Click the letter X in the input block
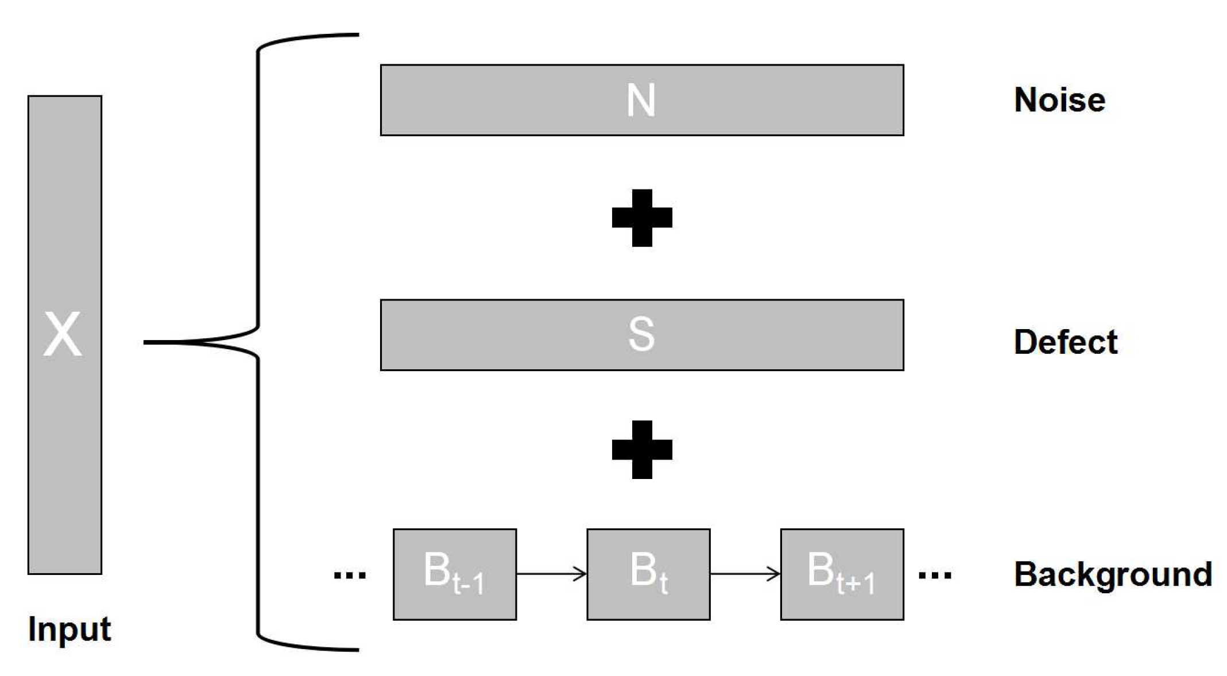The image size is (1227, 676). [x=63, y=335]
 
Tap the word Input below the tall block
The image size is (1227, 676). [x=69, y=629]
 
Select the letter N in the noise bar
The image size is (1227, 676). [x=641, y=101]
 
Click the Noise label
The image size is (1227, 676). [x=1059, y=100]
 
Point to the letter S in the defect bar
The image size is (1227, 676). [x=641, y=334]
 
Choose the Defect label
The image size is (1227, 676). [x=1066, y=342]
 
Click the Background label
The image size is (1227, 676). [x=1113, y=574]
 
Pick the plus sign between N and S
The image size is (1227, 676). [x=642, y=218]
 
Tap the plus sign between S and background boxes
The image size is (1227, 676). [x=642, y=450]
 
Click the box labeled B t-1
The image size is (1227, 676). [x=454, y=574]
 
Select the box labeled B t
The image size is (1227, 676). [x=648, y=574]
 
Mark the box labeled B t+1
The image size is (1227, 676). [x=842, y=574]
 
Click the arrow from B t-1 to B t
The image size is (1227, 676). [x=551, y=574]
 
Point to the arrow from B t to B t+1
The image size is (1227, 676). [x=745, y=574]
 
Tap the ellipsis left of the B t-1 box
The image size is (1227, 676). [x=350, y=575]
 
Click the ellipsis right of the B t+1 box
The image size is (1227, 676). [x=935, y=575]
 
